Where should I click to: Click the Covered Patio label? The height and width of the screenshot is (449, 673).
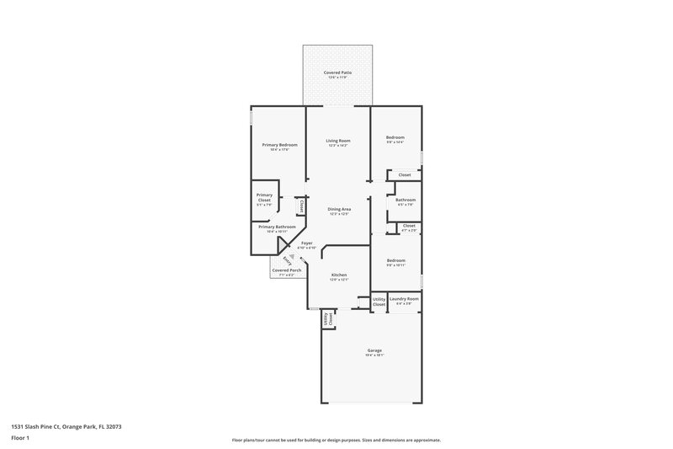pyautogui.click(x=338, y=73)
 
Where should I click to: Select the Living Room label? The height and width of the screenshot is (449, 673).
pyautogui.click(x=338, y=141)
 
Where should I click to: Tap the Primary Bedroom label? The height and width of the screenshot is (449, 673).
pyautogui.click(x=278, y=145)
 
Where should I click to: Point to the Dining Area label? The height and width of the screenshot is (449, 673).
pyautogui.click(x=338, y=209)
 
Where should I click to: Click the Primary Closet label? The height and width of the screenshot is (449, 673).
pyautogui.click(x=265, y=195)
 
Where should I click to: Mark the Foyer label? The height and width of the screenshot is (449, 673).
pyautogui.click(x=306, y=243)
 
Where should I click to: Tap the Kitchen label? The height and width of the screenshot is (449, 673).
pyautogui.click(x=338, y=275)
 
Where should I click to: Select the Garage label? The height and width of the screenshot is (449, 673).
pyautogui.click(x=374, y=350)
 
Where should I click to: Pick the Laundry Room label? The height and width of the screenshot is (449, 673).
pyautogui.click(x=404, y=299)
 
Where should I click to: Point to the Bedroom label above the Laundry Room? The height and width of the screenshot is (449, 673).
pyautogui.click(x=395, y=261)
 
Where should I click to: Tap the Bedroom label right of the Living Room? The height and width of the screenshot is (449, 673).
pyautogui.click(x=395, y=137)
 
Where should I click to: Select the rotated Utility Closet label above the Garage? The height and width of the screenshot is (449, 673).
pyautogui.click(x=329, y=319)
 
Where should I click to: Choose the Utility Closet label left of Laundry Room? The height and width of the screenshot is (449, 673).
pyautogui.click(x=379, y=301)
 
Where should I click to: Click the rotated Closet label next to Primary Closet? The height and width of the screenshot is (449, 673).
pyautogui.click(x=300, y=206)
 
